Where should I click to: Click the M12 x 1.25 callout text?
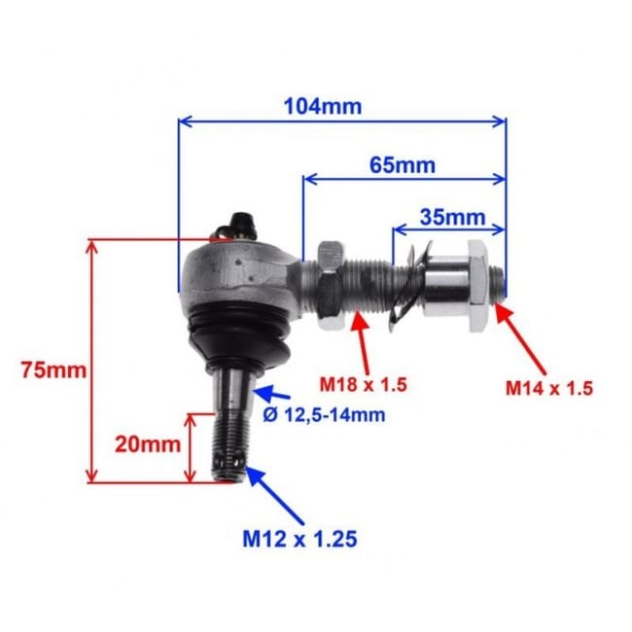click(x=299, y=537)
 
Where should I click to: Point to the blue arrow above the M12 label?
click(x=276, y=496)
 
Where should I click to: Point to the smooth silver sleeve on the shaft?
click(x=442, y=283)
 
